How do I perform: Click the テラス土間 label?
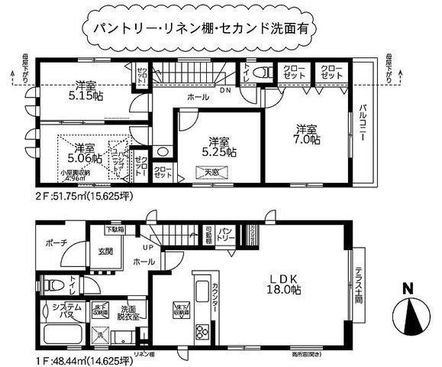tap(359, 283)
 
